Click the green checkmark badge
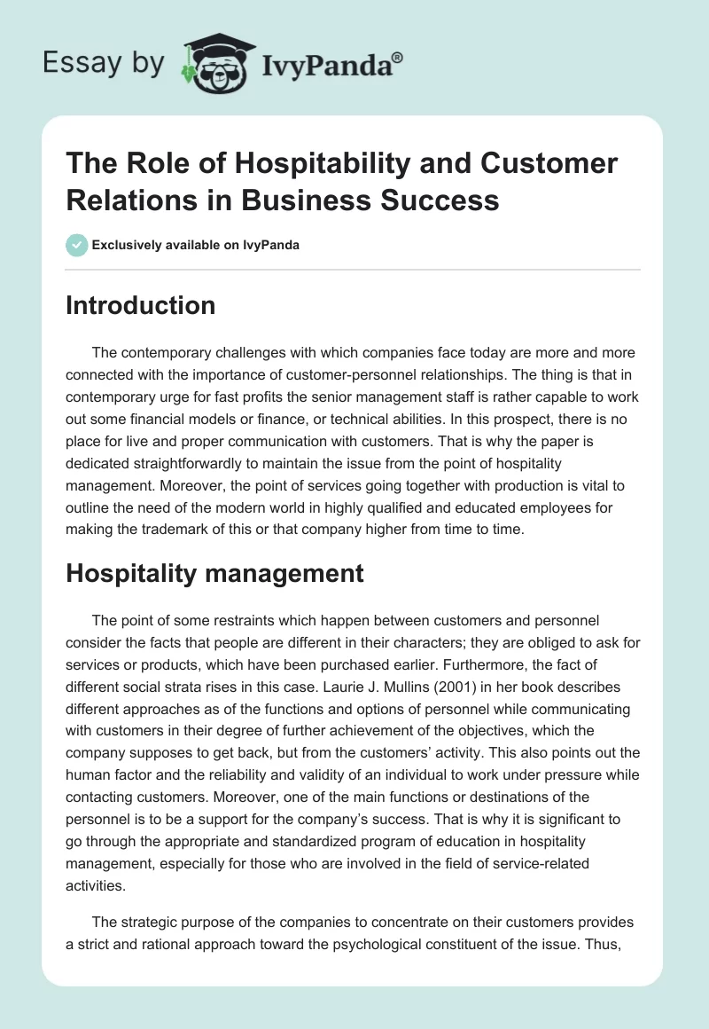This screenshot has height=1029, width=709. point(78,245)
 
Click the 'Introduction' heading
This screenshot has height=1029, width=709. point(141,305)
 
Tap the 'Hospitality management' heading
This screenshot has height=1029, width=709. point(214,573)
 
